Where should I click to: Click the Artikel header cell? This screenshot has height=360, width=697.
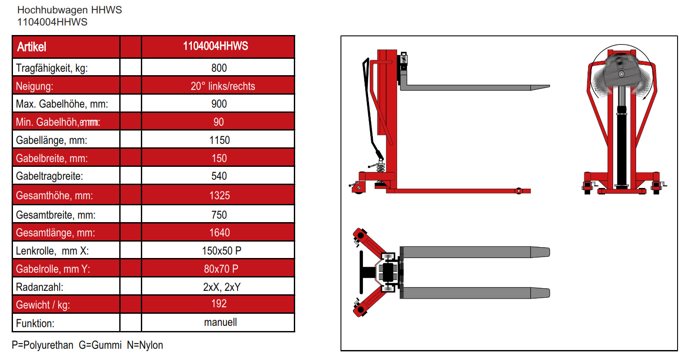pos(32,47)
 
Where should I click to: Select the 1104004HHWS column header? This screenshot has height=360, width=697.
pos(215,46)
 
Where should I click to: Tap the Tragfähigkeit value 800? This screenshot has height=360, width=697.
pos(219,68)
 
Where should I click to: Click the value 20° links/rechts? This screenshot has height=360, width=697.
pos(223,86)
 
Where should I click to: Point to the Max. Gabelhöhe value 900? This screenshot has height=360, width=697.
pos(219,104)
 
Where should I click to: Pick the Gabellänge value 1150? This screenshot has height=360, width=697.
pos(219,140)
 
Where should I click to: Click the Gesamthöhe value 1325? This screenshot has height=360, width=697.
pos(219,195)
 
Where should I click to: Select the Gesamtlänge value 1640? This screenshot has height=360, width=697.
pos(219,233)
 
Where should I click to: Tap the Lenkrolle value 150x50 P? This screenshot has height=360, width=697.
pos(221,251)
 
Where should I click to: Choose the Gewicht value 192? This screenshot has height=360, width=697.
pos(219,303)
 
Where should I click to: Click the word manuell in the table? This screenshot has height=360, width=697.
pos(220,322)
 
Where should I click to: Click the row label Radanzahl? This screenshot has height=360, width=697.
pos(39,287)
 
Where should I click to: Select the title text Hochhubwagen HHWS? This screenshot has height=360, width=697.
pos(70,10)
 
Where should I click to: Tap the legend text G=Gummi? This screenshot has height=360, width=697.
pos(100,345)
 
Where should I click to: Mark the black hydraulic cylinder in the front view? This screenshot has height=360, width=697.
pos(621,147)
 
